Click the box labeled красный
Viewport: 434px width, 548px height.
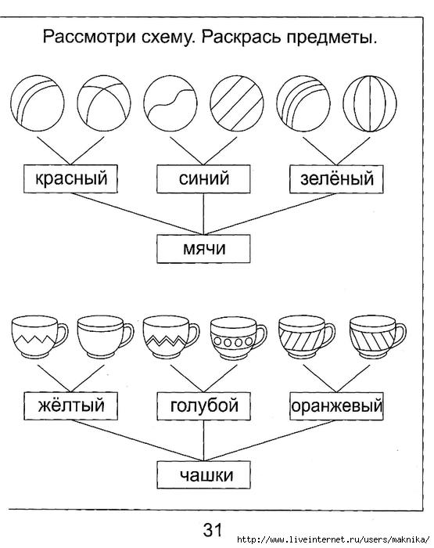70,179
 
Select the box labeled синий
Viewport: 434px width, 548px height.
203,179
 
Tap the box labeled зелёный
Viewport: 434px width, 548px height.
336,179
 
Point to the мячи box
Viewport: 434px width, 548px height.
203,249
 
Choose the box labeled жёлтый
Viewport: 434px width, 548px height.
70,406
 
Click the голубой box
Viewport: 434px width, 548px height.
203,406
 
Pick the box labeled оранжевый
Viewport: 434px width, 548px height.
336,406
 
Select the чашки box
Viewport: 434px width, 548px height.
203,475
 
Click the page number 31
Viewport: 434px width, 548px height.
212,530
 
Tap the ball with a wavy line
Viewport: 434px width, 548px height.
170,103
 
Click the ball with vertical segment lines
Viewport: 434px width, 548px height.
370,103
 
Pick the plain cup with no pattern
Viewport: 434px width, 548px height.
105,337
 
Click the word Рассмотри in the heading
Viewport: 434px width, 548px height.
89,37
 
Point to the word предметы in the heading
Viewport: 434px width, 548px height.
332,38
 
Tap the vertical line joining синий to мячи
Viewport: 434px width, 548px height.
203,214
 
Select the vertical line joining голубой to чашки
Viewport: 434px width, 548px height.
203,440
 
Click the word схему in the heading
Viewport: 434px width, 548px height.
167,38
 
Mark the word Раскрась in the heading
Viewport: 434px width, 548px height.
242,37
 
